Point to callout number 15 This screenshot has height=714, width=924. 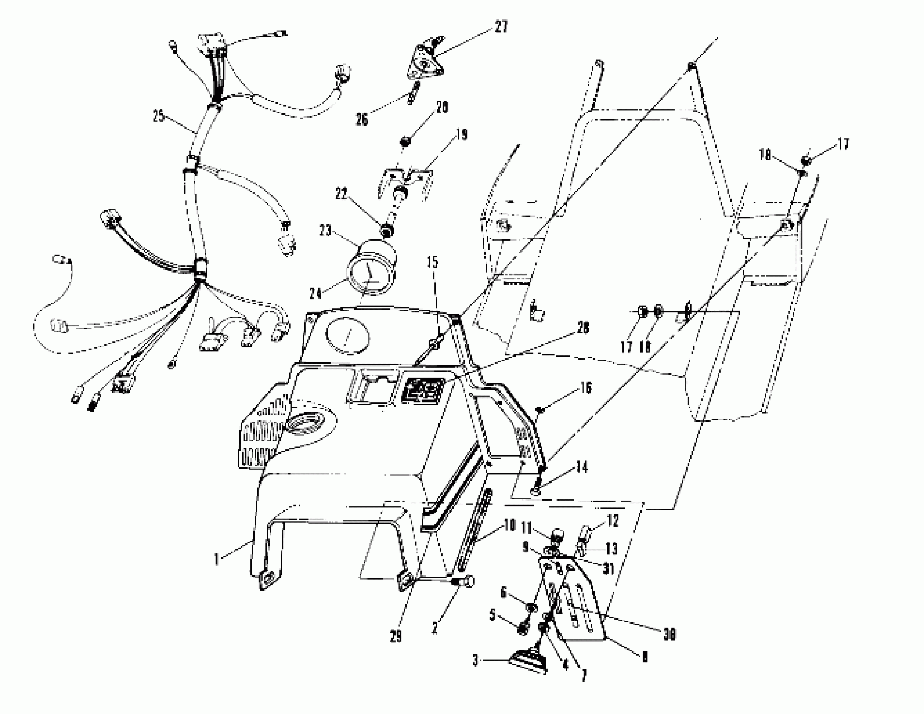click(x=432, y=262)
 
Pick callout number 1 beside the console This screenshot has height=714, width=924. click(x=217, y=559)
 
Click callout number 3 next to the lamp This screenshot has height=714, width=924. click(x=475, y=660)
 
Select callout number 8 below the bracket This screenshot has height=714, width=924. click(x=644, y=656)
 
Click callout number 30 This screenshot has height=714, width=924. click(x=669, y=634)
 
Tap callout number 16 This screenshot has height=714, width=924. click(x=585, y=388)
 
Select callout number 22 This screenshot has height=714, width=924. click(x=341, y=194)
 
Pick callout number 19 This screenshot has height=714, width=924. click(x=462, y=135)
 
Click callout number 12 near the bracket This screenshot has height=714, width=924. click(x=613, y=521)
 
